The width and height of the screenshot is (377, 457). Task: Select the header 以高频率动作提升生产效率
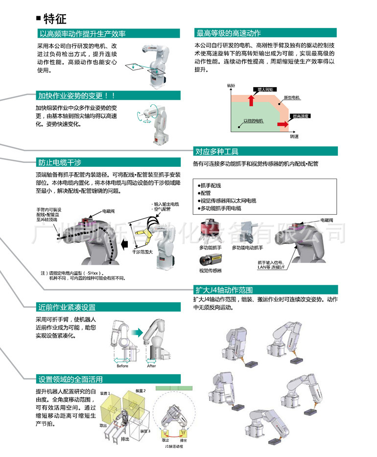tap(82, 34)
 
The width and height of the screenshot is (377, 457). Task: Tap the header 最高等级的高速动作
tap(229, 33)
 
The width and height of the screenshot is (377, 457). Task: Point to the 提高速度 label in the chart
tap(300, 116)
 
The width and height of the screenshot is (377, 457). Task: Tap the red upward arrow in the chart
tap(251, 100)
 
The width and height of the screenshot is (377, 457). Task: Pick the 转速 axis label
tap(294, 137)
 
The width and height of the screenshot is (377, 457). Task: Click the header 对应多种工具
tap(217, 151)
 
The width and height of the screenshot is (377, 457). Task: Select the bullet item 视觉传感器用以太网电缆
tap(228, 201)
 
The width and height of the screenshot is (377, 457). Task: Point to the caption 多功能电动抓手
tap(247, 248)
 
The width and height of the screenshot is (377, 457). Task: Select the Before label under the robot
tap(122, 366)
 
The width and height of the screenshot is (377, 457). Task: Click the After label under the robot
tap(152, 366)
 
